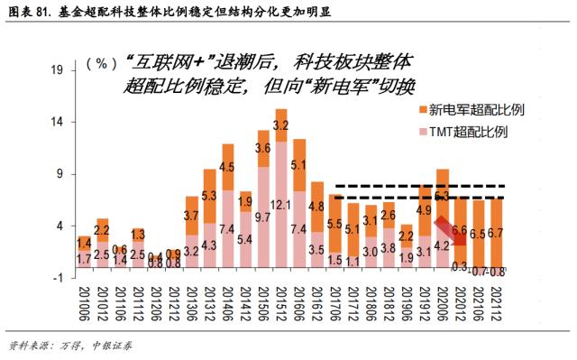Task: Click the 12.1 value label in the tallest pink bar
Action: pyautogui.click(x=281, y=207)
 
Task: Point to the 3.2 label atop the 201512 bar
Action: pyautogui.click(x=281, y=125)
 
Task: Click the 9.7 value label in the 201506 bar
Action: pyautogui.click(x=262, y=217)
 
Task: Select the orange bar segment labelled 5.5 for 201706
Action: pyautogui.click(x=334, y=224)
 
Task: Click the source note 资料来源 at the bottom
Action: pyautogui.click(x=72, y=345)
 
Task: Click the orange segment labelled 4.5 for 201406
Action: pyautogui.click(x=227, y=167)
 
